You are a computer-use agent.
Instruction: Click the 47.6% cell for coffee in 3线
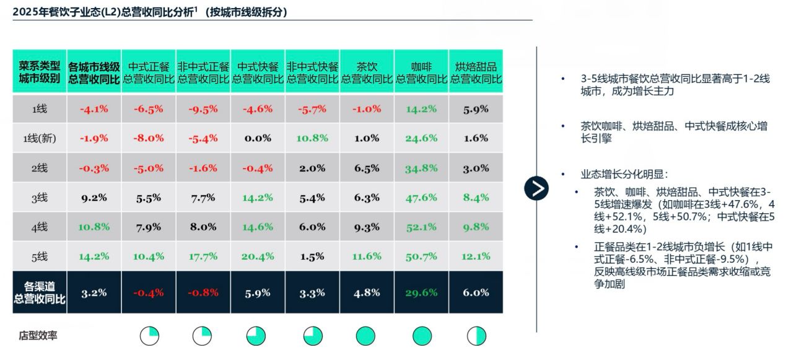[421, 198]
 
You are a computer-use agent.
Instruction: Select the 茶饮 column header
[367, 72]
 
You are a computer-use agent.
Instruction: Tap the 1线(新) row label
[40, 139]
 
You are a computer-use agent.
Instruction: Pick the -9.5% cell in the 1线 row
[203, 109]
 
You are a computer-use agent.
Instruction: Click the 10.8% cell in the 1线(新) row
[312, 138]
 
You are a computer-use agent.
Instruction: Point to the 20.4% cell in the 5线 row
[258, 256]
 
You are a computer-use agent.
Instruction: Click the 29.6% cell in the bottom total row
[421, 293]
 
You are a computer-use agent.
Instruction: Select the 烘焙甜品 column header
[476, 72]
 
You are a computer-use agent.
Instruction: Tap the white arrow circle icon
[536, 188]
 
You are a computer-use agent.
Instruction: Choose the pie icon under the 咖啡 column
[422, 336]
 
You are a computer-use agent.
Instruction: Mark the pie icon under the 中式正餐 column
[149, 336]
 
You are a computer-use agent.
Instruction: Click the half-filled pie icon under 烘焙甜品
[476, 336]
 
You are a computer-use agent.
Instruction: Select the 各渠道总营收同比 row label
[40, 293]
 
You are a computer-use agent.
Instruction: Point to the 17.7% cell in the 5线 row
[203, 256]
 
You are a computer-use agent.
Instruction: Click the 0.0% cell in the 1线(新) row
[258, 138]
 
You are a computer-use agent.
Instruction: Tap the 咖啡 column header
[421, 72]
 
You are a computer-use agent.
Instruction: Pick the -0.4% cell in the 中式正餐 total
[149, 293]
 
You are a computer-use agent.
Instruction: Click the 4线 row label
[40, 227]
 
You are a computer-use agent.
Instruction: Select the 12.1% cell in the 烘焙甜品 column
[476, 256]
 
